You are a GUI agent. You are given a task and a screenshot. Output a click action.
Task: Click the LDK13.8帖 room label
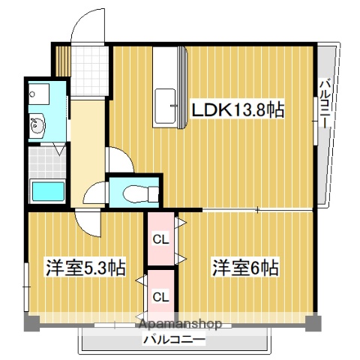238,110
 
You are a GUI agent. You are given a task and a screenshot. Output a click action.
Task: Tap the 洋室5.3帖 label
75,268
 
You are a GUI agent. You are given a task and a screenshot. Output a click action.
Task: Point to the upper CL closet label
160,240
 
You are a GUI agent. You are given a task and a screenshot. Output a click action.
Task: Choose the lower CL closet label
160,296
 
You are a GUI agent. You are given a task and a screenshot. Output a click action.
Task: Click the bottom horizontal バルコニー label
174,340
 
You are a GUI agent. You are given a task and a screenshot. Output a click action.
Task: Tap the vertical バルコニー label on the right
325,105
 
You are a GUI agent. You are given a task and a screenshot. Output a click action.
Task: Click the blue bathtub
47,191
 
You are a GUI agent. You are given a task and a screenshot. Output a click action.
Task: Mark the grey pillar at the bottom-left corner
30,323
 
